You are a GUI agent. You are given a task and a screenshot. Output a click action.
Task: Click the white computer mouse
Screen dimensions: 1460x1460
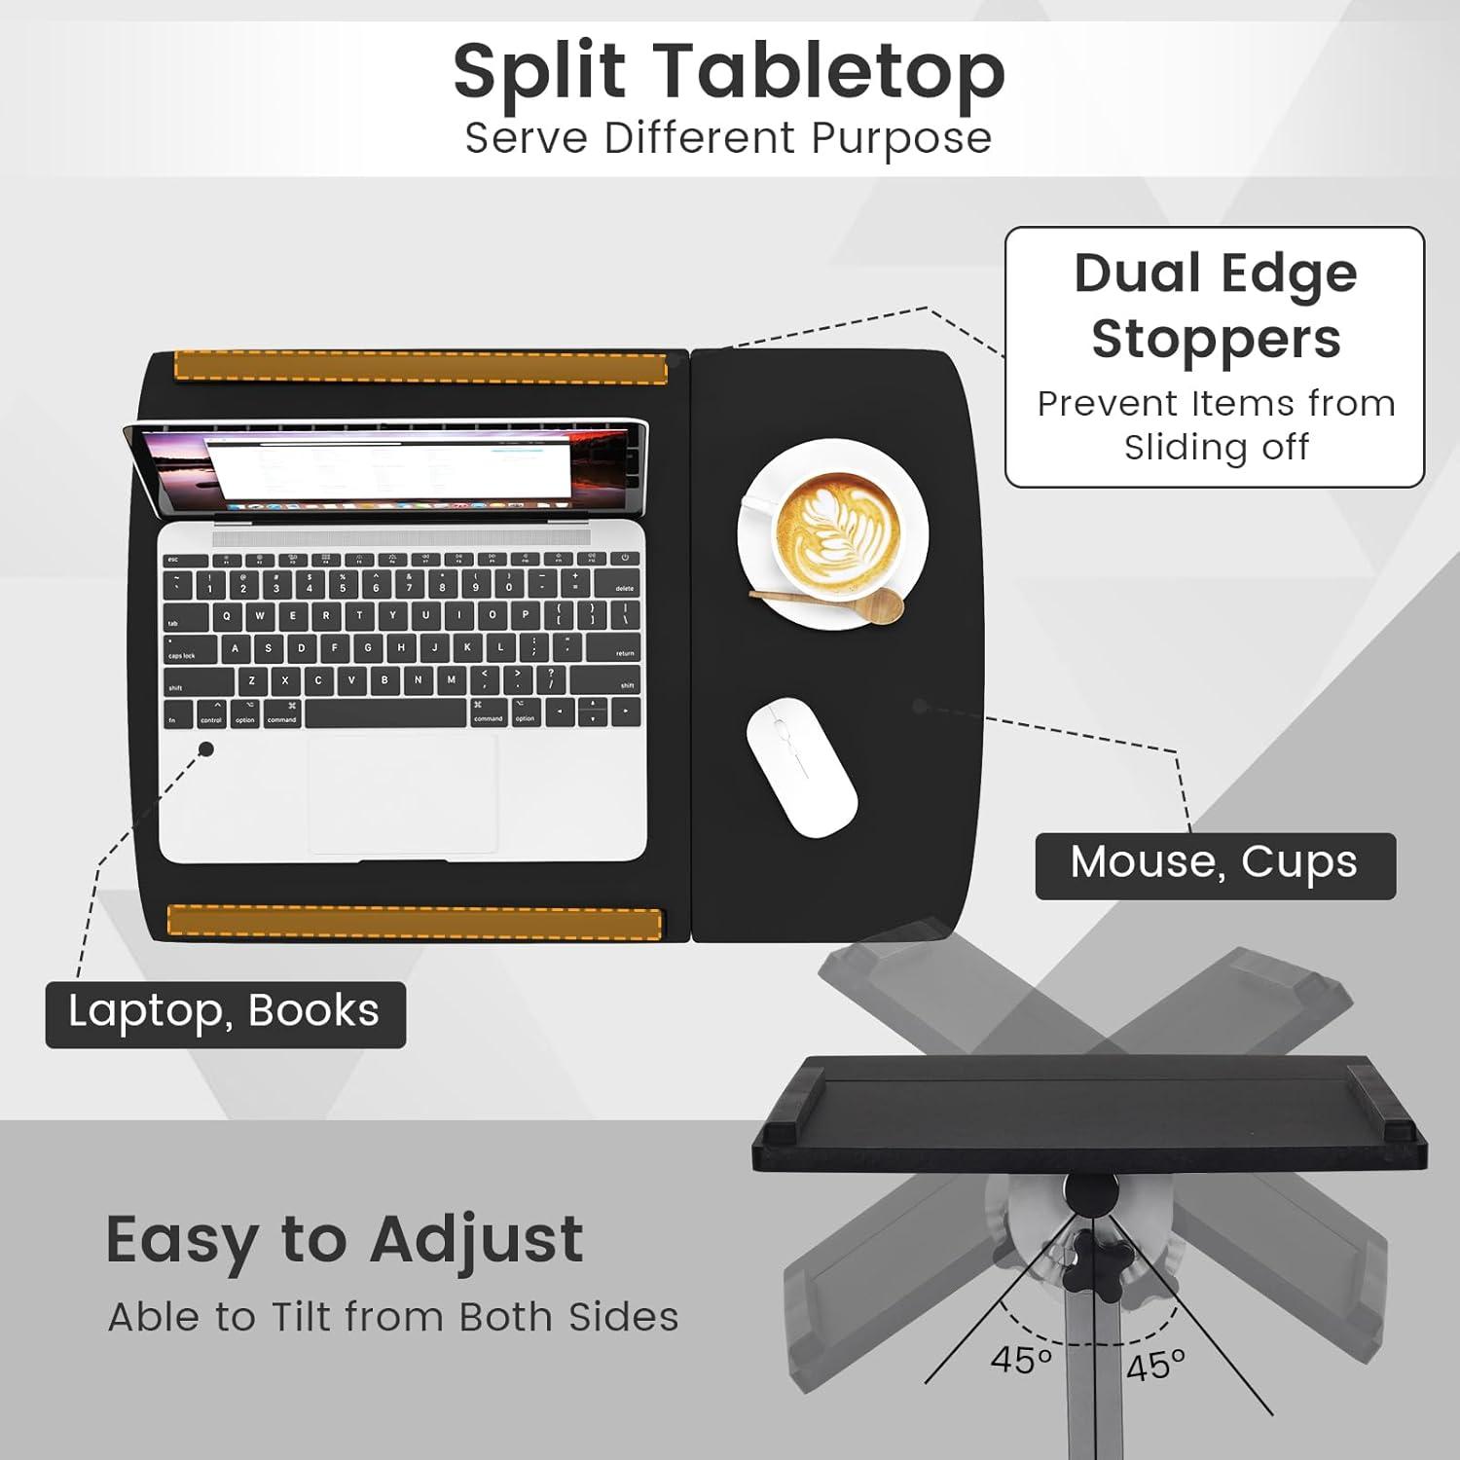coord(801,766)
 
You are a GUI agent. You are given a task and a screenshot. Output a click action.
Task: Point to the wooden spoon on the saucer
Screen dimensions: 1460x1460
coord(827,602)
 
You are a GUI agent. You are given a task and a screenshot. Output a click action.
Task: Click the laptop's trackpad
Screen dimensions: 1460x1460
coord(403,793)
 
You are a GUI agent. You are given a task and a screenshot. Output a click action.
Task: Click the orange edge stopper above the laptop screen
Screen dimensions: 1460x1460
coord(420,367)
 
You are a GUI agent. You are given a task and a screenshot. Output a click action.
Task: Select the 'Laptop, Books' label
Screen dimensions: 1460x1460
coord(225,1013)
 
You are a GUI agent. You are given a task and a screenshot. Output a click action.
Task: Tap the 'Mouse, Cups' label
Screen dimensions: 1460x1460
coord(1215,864)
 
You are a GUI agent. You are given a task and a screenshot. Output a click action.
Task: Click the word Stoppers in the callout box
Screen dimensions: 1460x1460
coord(1216,340)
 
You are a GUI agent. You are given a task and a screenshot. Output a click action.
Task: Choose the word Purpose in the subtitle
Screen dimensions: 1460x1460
coord(901,138)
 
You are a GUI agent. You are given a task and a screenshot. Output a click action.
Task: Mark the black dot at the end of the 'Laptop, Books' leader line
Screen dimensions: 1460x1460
coord(206,748)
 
